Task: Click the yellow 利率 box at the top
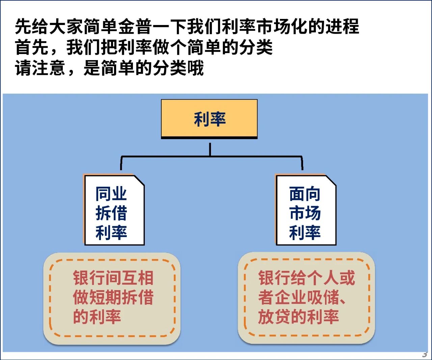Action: click(x=209, y=119)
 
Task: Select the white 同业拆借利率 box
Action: click(x=114, y=210)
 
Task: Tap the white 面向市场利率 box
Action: click(x=306, y=210)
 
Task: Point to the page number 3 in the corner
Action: click(x=425, y=354)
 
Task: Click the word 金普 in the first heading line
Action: click(x=135, y=26)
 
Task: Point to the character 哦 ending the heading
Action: click(x=195, y=68)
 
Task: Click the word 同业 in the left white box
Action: click(x=111, y=194)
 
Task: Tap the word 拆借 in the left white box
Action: click(x=111, y=213)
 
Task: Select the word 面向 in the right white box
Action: click(x=304, y=194)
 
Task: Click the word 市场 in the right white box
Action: click(x=305, y=213)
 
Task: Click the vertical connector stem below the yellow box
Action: click(x=210, y=149)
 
